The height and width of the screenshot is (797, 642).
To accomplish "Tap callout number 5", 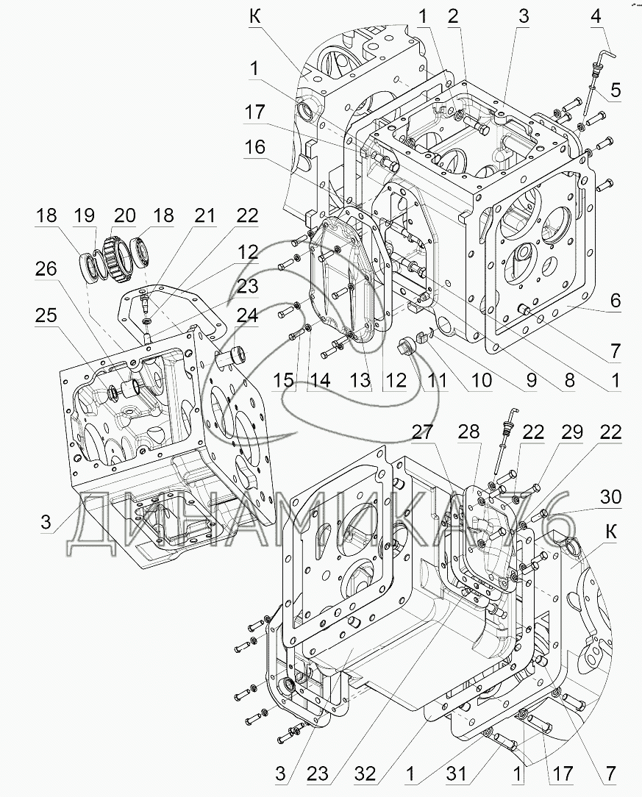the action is pos(615,90).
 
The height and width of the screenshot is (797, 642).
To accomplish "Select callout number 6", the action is pos(615,301).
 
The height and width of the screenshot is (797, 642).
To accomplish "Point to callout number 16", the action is pos(254,147).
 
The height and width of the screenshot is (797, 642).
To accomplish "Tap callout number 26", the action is pos(46,269).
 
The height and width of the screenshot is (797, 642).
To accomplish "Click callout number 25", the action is pos(46,315).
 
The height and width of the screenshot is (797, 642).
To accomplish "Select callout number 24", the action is pos(247,315).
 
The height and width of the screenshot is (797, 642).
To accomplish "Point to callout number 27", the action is pos(422,432).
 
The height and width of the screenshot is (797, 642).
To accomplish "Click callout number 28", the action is pos(468,432).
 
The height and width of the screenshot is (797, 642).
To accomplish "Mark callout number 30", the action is pos(610,496).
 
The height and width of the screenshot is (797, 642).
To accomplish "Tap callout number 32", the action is pos(365,774).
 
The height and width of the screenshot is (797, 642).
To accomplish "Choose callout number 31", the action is pos(456,774).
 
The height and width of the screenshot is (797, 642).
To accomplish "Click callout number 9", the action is pos(531,379).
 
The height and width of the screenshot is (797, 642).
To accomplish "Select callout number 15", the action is pos(282,379).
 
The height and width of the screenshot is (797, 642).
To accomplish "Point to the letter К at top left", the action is pos(254,17).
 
